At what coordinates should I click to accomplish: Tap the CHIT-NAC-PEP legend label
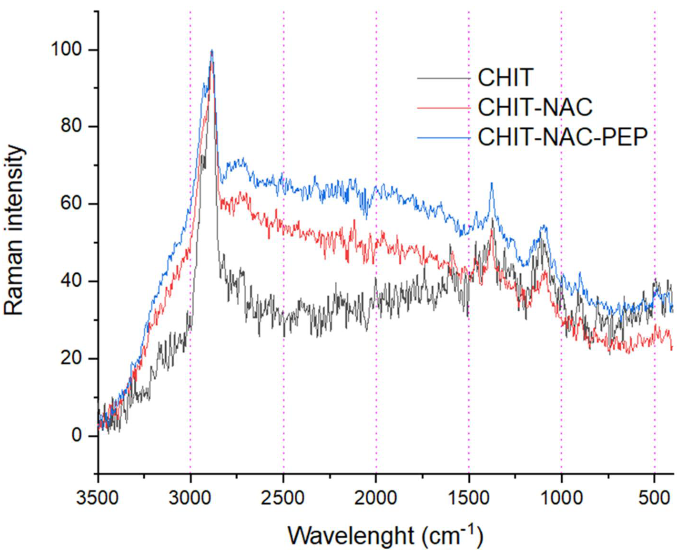[563, 137]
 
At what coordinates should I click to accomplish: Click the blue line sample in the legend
[444, 137]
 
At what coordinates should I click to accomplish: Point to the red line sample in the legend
[444, 108]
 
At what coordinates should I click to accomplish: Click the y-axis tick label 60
[71, 204]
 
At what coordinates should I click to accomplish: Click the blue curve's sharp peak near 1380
[492, 183]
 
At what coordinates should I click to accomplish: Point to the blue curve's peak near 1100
[544, 226]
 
